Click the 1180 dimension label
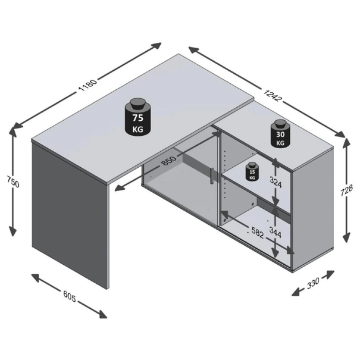88,85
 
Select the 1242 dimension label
273,95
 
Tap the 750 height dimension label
13,181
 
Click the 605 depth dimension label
70,297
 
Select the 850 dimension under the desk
169,160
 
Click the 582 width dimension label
258,233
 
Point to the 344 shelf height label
275,231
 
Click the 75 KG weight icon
138,117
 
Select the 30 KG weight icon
280,133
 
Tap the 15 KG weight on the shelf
252,171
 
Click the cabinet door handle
211,176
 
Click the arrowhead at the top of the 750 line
12,130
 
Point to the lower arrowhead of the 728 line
347,237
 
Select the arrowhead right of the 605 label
102,314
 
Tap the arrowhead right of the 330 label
330,274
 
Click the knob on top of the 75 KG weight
138,103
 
